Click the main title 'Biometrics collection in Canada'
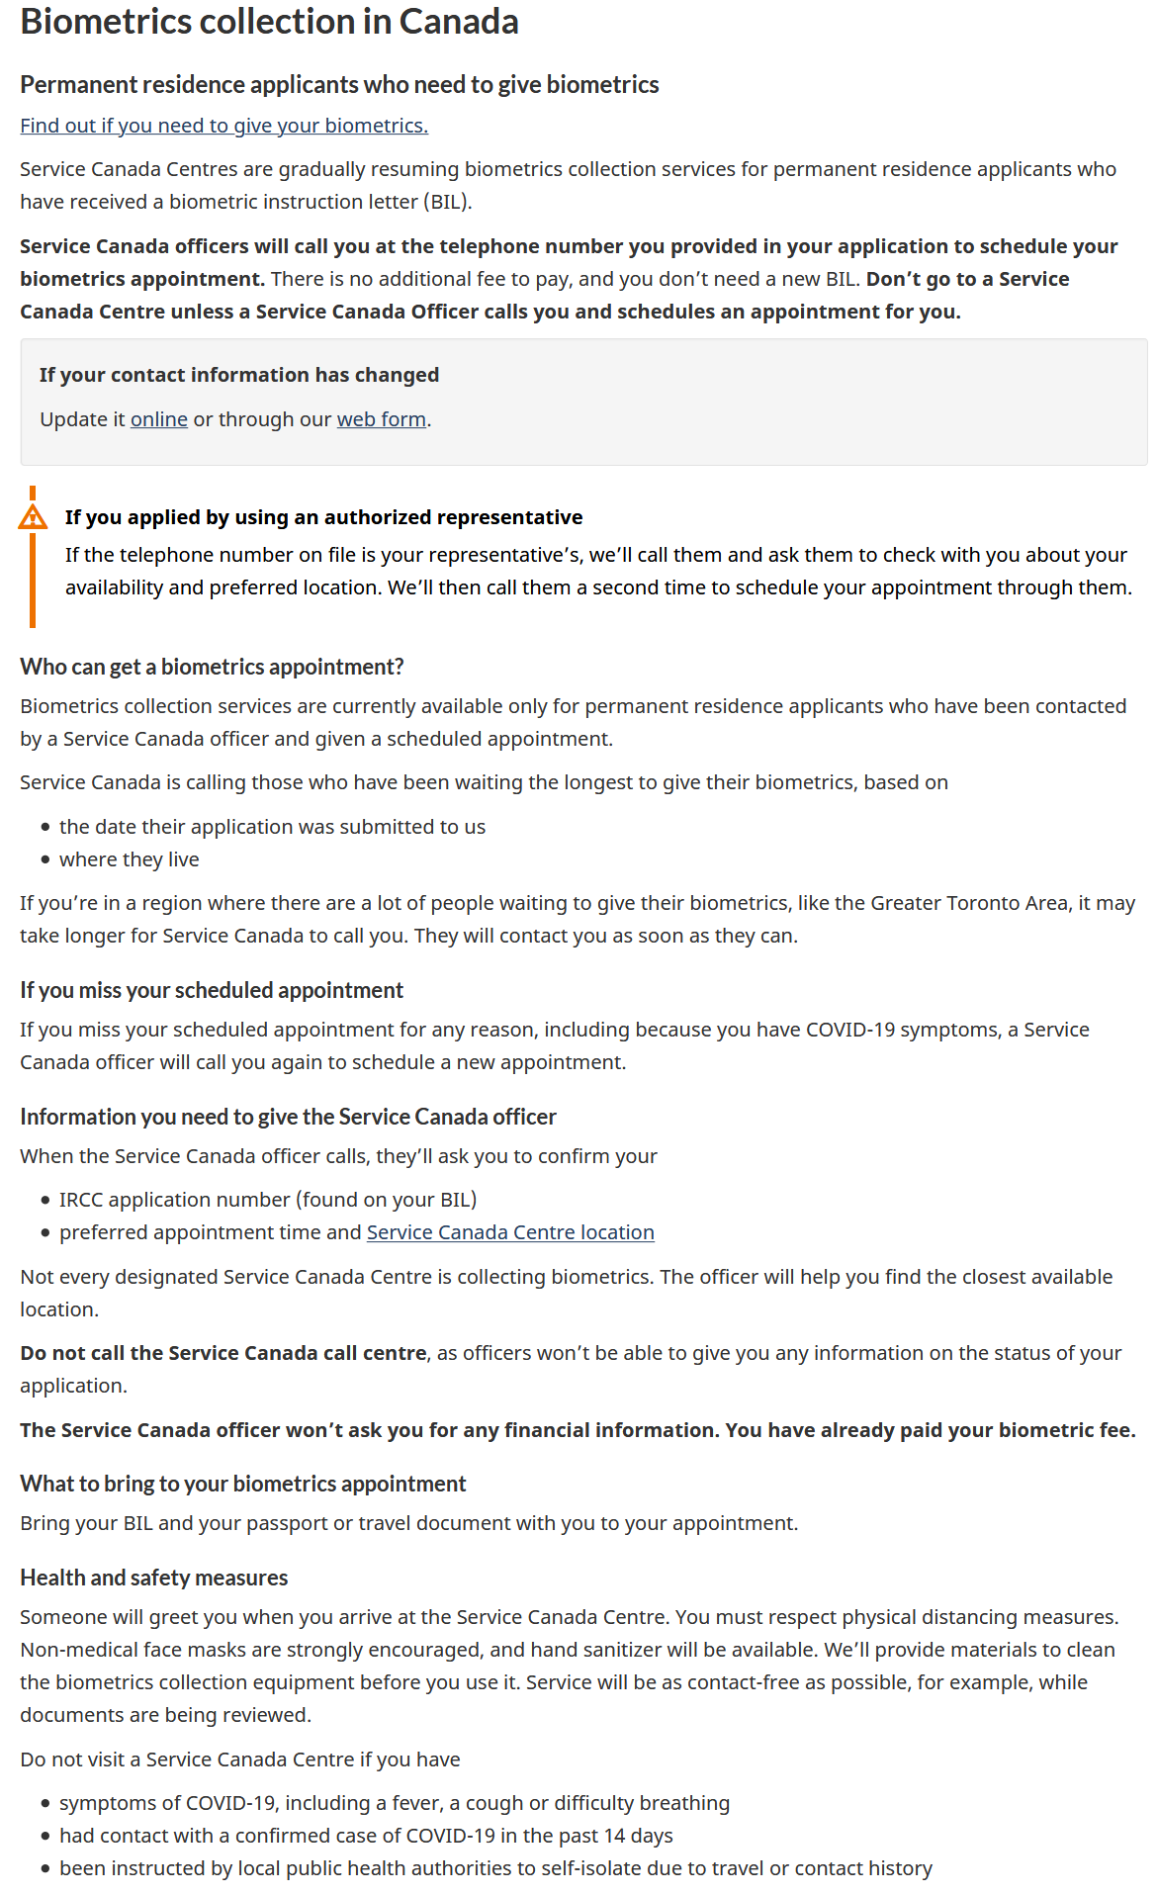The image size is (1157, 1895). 269,22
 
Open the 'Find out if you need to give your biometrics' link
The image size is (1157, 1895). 223,126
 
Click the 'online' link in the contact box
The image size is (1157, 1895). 158,419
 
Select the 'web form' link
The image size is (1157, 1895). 381,419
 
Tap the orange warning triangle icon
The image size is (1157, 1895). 33,517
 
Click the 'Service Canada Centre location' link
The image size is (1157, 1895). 510,1232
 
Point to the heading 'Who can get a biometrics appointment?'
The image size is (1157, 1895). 212,667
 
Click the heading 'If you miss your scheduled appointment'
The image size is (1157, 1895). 212,990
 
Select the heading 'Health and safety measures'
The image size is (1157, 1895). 154,1578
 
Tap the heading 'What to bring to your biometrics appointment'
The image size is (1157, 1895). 243,1484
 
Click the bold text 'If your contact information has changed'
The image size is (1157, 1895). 239,375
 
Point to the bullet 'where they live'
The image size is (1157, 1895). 129,859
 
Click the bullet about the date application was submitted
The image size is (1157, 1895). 272,827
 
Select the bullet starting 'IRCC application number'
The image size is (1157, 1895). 267,1200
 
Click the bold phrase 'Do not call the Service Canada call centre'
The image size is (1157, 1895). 223,1353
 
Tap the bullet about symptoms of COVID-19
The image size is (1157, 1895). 394,1803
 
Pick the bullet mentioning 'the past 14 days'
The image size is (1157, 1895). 366,1836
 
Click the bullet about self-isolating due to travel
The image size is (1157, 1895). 494,1868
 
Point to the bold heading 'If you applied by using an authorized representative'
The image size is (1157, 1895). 323,517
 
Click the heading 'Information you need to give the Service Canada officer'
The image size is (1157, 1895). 288,1117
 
